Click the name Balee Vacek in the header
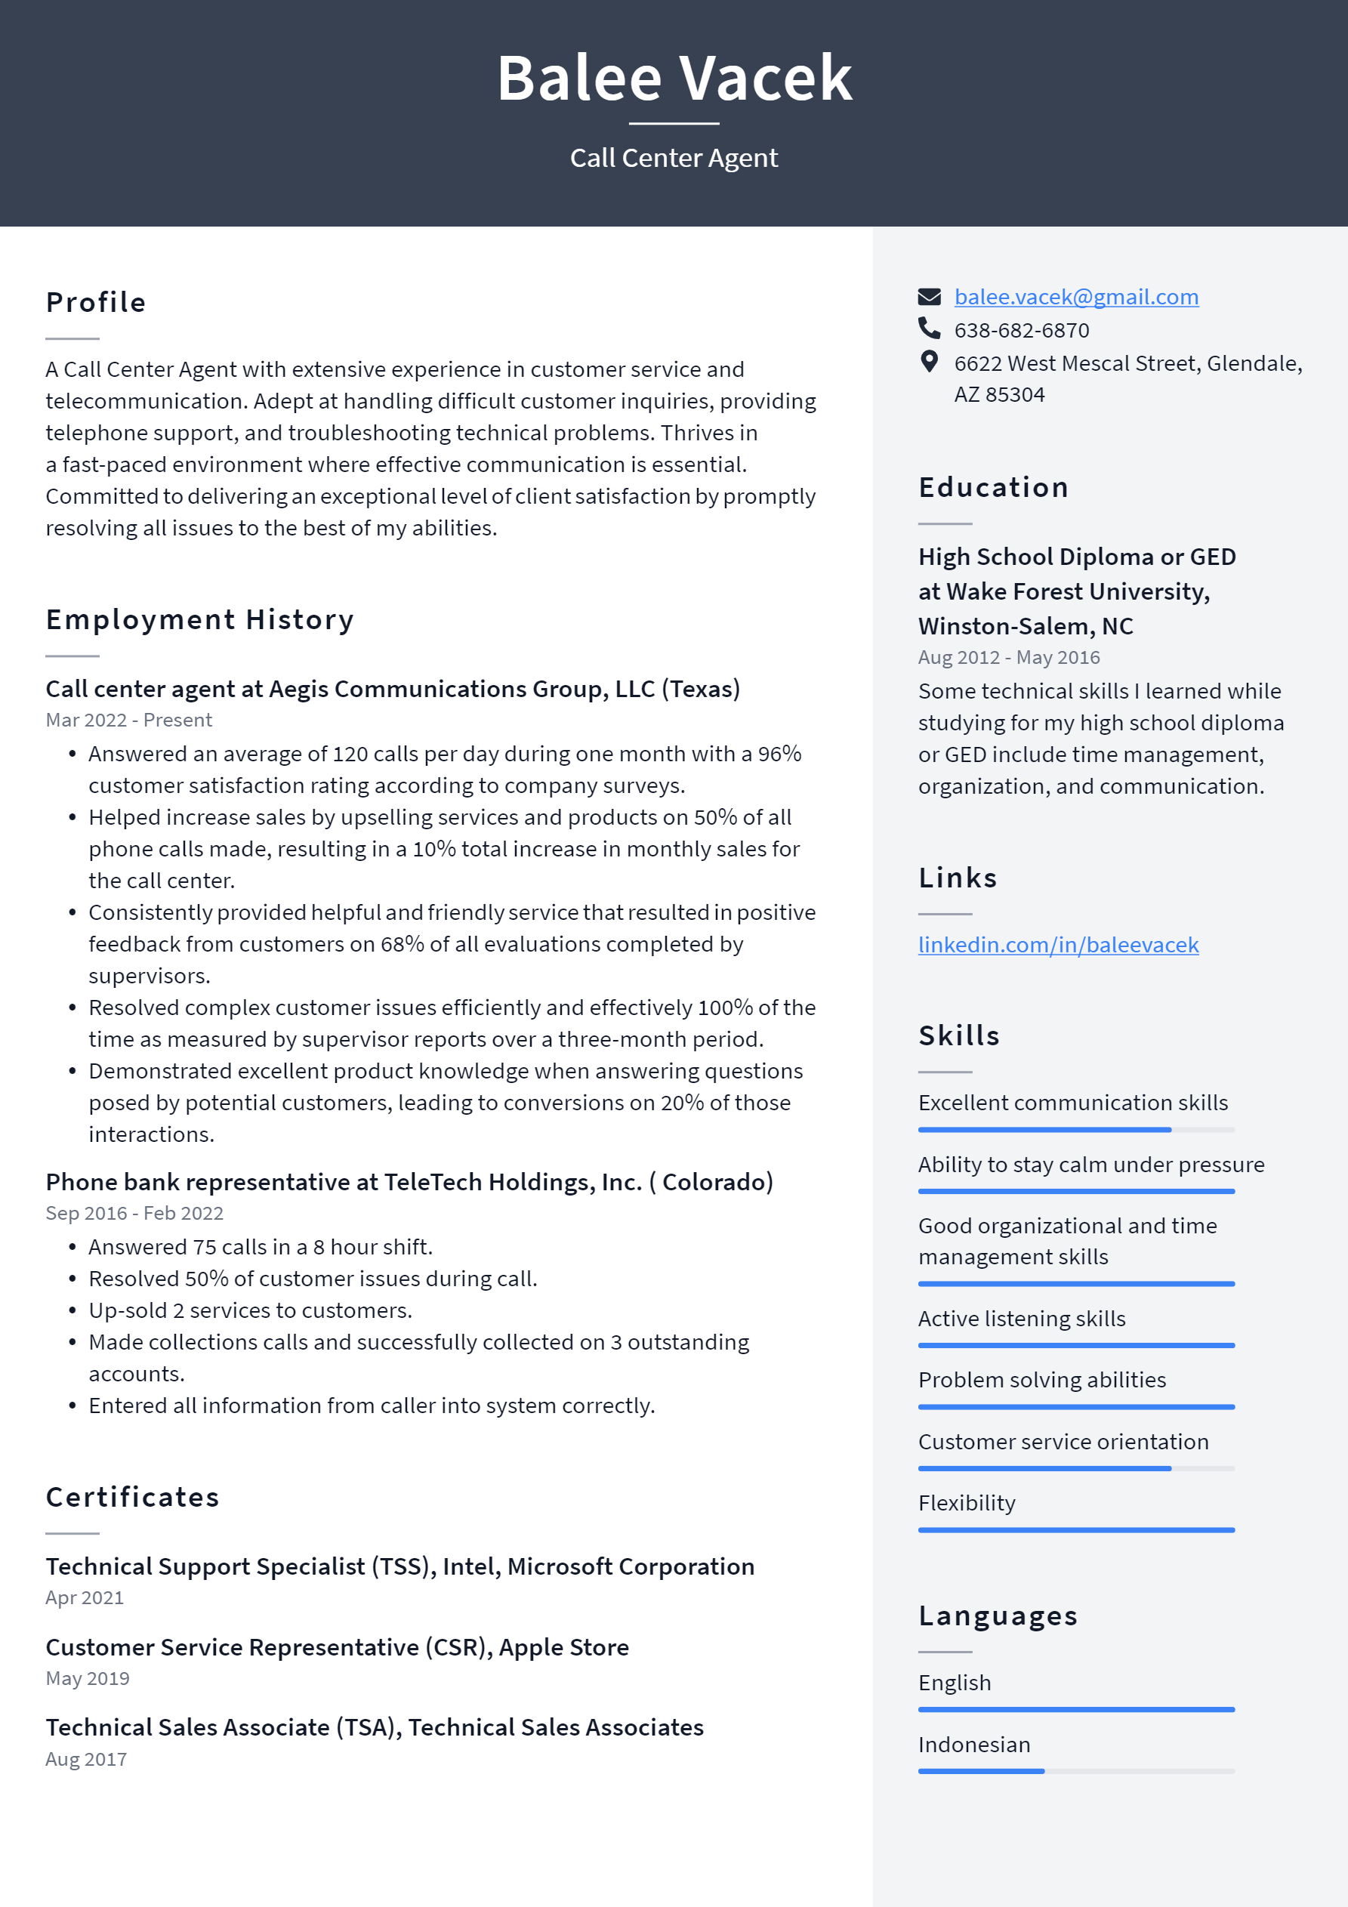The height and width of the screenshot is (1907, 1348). coord(674,78)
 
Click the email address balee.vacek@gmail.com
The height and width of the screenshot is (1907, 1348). coord(1075,297)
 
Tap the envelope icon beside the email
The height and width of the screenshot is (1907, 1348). coord(929,297)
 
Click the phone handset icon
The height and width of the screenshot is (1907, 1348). coord(929,329)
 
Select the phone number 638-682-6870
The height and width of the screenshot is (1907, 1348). coord(1021,331)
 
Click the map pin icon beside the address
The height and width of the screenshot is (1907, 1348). coord(929,361)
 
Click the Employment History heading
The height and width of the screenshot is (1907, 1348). coord(199,619)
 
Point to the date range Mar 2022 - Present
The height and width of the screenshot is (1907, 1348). coord(128,720)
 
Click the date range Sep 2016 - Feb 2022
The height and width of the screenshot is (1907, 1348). coord(134,1214)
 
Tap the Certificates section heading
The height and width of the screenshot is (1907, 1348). coord(132,1497)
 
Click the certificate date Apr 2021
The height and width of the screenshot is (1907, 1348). coord(85,1598)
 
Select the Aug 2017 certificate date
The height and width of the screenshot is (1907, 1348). coord(86,1759)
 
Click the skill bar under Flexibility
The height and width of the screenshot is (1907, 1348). coord(1075,1530)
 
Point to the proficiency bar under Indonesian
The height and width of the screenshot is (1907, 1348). coord(1075,1772)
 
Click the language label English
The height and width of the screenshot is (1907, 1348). coord(955,1683)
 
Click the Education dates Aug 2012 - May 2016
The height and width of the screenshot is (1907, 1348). coord(1008,658)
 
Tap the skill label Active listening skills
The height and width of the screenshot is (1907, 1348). coord(1022,1319)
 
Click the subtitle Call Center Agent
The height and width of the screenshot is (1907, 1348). coord(674,158)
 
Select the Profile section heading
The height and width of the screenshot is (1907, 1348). coord(95,302)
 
